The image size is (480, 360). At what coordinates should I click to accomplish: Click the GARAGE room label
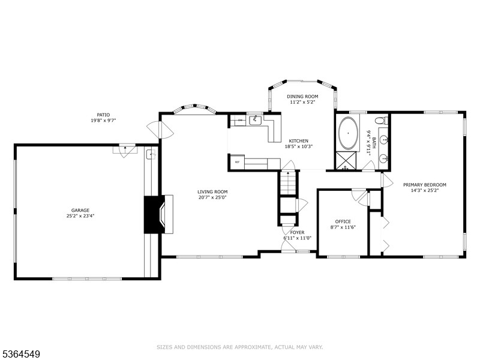(80, 211)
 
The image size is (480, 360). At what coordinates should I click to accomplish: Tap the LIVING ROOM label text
(212, 192)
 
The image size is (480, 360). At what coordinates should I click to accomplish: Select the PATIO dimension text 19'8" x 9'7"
(103, 121)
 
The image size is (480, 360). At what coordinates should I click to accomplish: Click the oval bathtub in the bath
(348, 133)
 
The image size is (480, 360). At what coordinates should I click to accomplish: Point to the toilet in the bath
(381, 121)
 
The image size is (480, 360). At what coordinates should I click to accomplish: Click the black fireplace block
(154, 215)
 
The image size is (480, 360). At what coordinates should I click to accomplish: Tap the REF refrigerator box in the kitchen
(237, 161)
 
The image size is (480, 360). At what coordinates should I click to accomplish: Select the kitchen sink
(255, 121)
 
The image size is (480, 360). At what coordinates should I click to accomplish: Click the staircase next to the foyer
(288, 183)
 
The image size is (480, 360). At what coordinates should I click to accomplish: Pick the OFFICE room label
(343, 221)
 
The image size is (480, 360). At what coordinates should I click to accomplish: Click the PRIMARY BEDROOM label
(425, 185)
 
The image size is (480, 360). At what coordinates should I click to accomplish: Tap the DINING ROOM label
(302, 97)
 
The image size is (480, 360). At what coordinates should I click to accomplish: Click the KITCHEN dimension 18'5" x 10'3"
(298, 146)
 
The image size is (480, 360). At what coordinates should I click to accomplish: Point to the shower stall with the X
(347, 160)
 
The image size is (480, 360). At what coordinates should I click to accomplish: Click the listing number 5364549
(20, 355)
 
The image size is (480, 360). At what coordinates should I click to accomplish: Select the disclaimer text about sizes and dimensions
(239, 347)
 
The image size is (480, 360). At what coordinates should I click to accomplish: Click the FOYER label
(297, 233)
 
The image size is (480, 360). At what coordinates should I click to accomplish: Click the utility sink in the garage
(151, 155)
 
